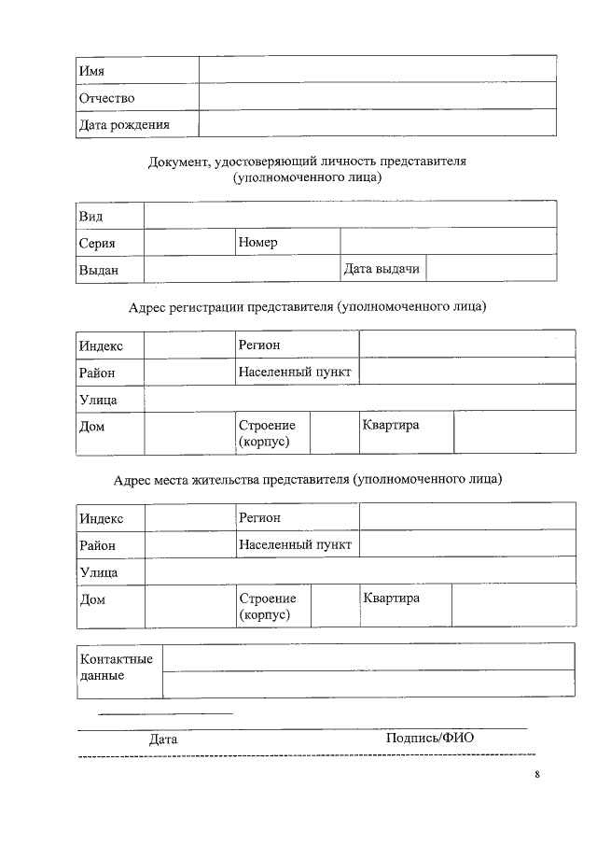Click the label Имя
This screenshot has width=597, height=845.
pyautogui.click(x=91, y=71)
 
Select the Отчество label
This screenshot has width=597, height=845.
pyautogui.click(x=107, y=98)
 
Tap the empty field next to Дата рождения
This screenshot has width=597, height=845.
pyautogui.click(x=377, y=124)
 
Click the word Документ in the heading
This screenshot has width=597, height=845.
pyautogui.click(x=179, y=162)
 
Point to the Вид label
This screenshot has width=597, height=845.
pyautogui.click(x=90, y=217)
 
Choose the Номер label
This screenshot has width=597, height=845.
pyautogui.click(x=257, y=243)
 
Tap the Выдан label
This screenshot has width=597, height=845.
pyautogui.click(x=98, y=270)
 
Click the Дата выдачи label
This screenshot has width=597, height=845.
pyautogui.click(x=382, y=269)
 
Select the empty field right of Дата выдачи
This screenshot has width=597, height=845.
pyautogui.click(x=491, y=269)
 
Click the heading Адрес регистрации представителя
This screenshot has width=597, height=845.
pyautogui.click(x=307, y=306)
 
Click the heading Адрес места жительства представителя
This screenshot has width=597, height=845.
pyautogui.click(x=307, y=479)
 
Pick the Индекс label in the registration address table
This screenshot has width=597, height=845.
pyautogui.click(x=101, y=345)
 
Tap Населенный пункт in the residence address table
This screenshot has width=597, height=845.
pyautogui.click(x=295, y=544)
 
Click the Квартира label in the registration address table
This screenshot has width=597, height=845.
pyautogui.click(x=391, y=426)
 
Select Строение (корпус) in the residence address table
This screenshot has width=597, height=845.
pyautogui.click(x=268, y=607)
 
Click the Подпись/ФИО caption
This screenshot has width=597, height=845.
pyautogui.click(x=430, y=738)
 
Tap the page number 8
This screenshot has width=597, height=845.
pyautogui.click(x=537, y=774)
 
